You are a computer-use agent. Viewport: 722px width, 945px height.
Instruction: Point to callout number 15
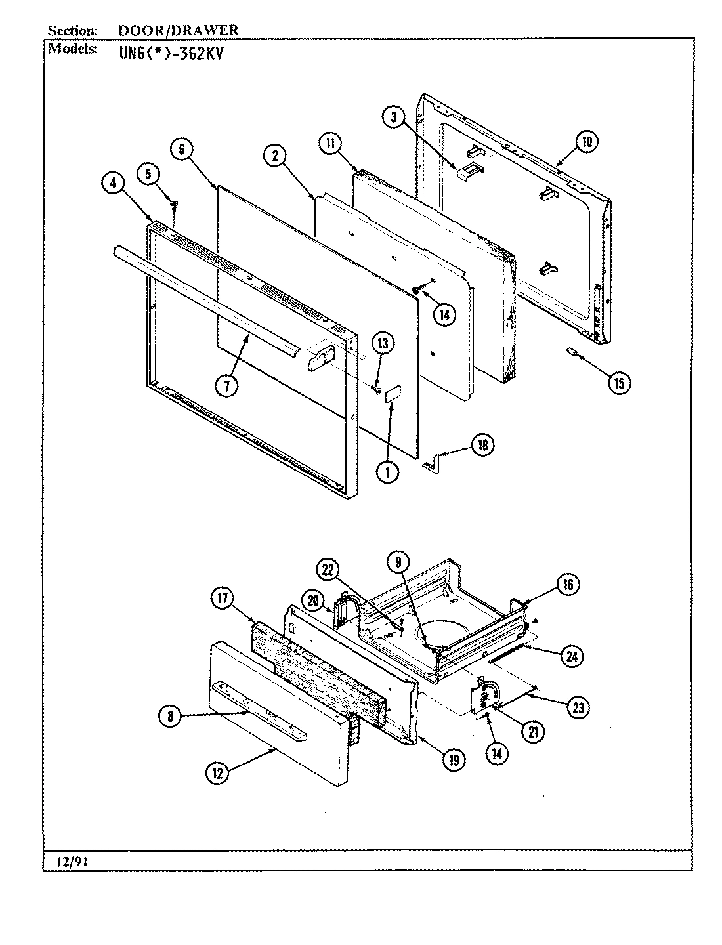[x=618, y=382]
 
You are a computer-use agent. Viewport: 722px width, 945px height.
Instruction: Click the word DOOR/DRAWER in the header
[x=179, y=30]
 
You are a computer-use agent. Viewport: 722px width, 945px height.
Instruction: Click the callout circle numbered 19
[x=453, y=760]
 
